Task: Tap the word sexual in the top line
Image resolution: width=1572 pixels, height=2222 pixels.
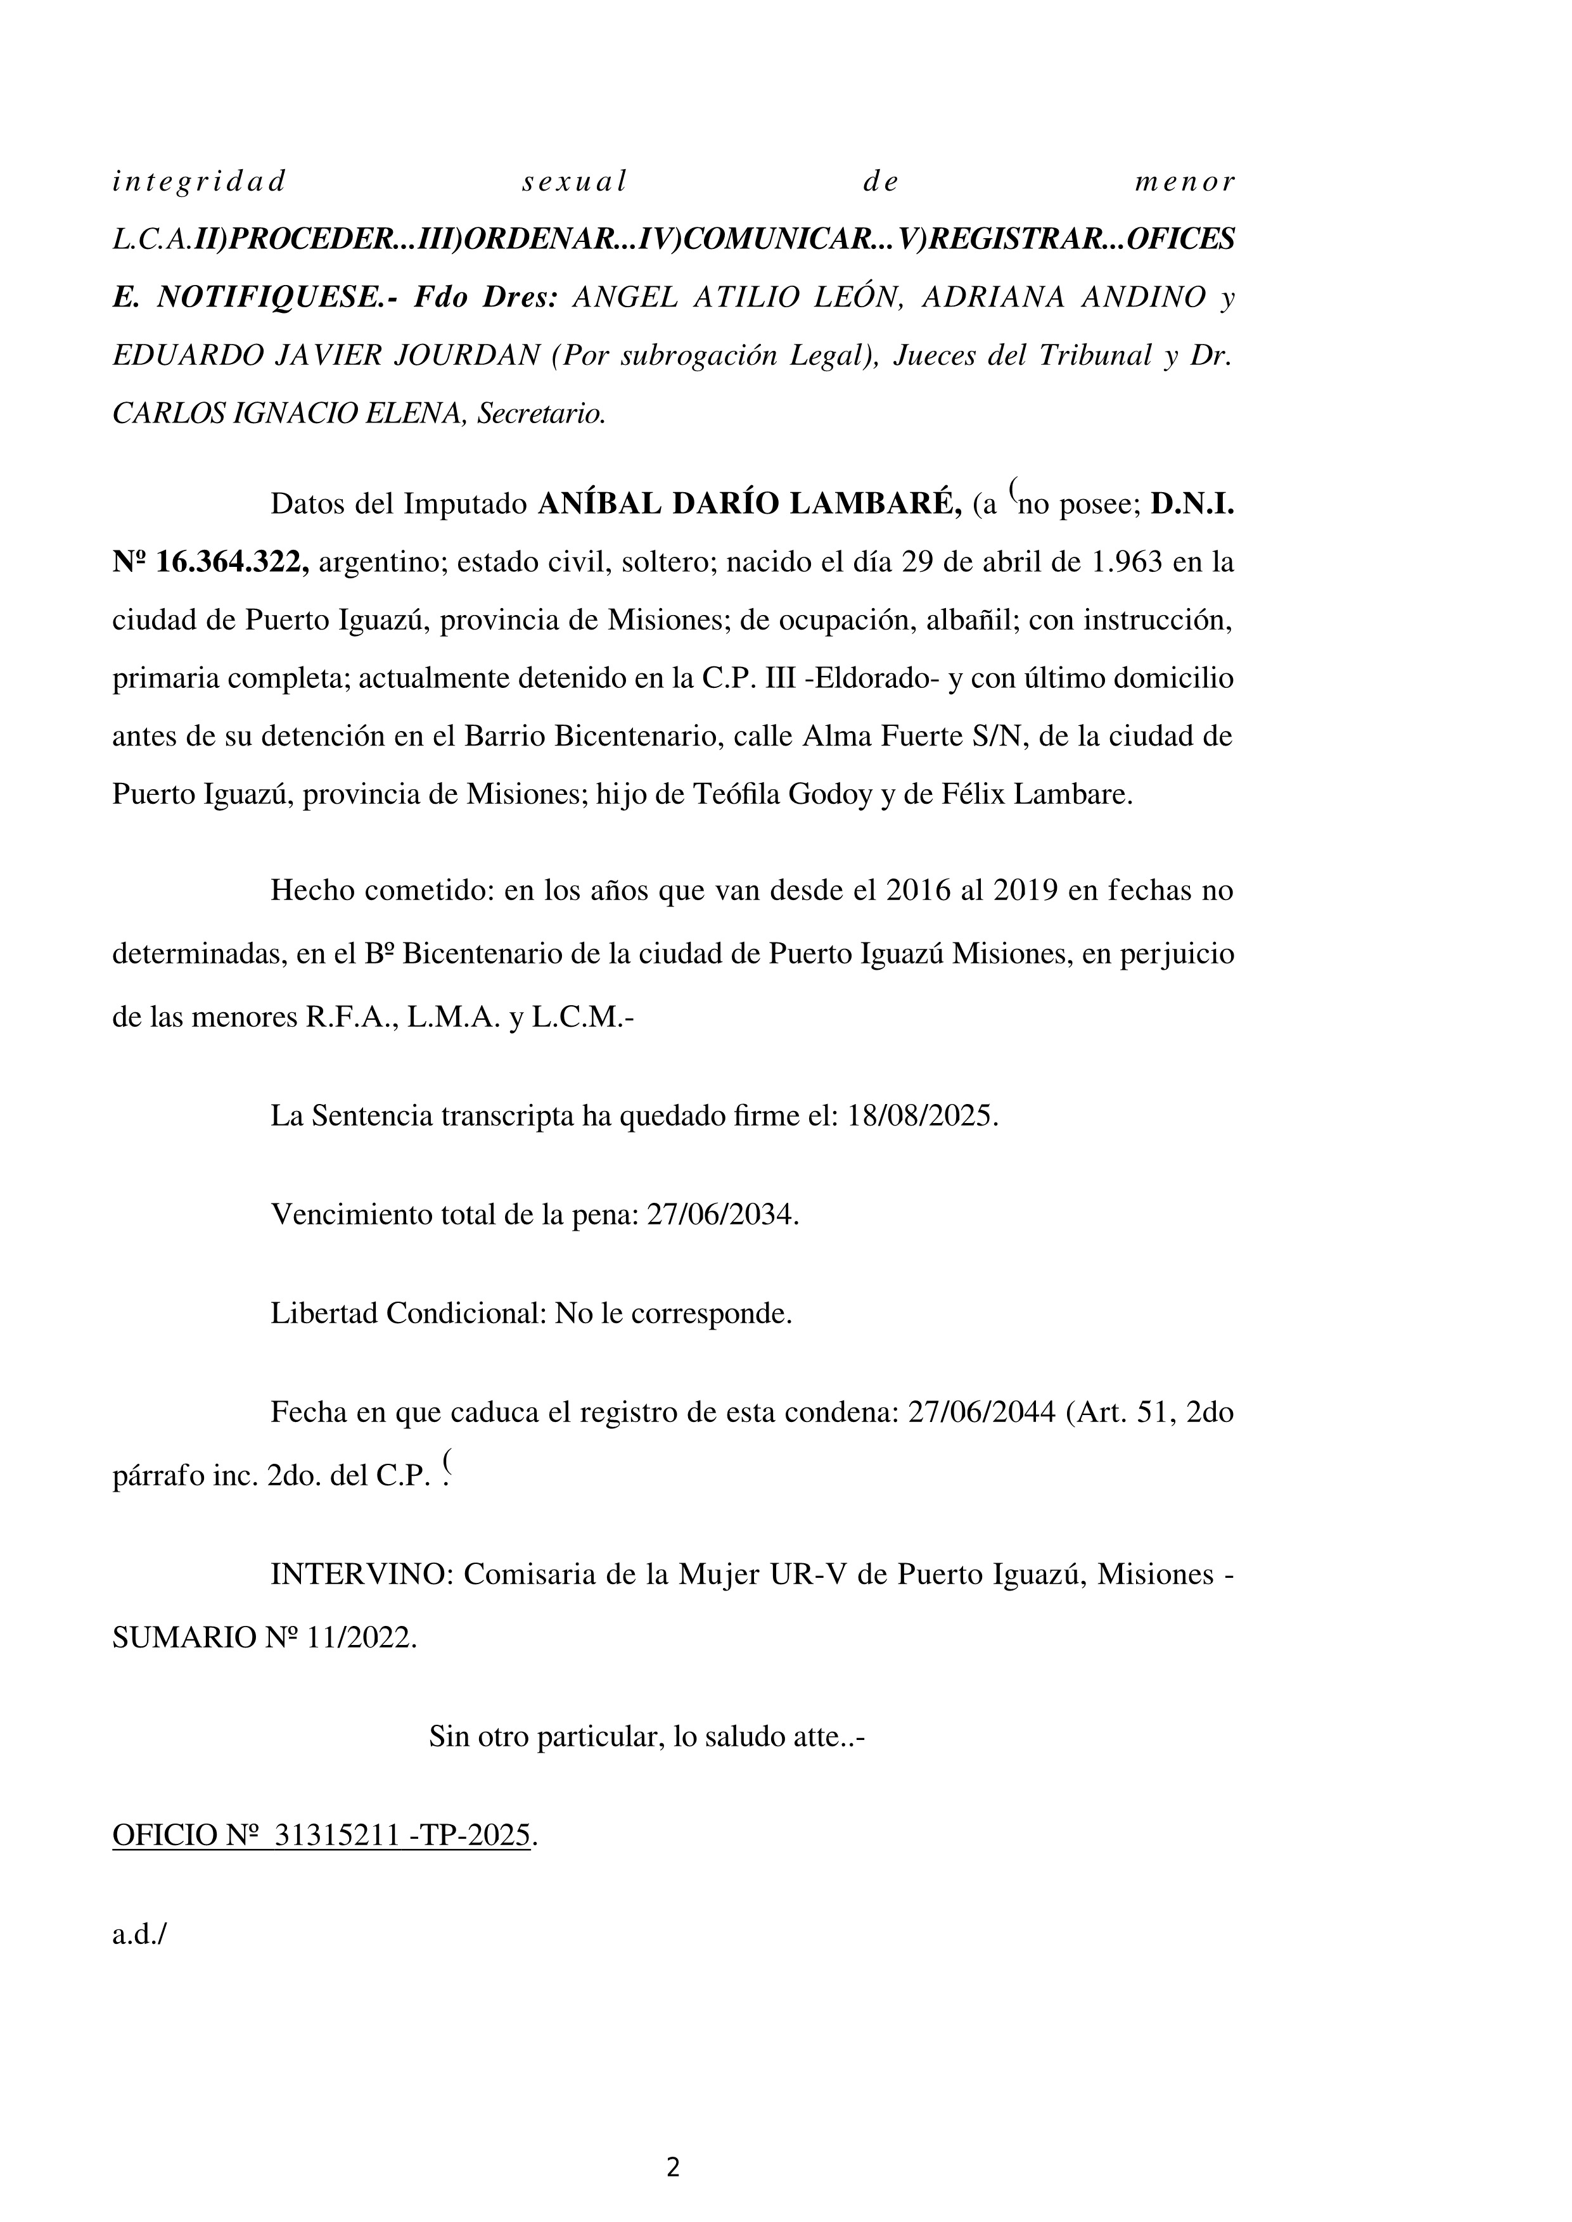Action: point(574,181)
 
